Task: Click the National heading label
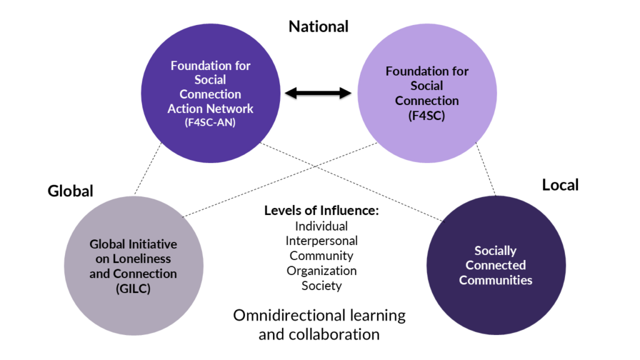coord(318,26)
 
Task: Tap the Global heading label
coord(70,191)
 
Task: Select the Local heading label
coord(560,185)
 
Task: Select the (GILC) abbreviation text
coord(133,288)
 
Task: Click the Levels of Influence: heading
coord(321,211)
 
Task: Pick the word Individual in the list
coord(321,226)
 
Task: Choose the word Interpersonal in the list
coord(321,241)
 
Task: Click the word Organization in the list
coord(321,271)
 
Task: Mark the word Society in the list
coord(321,286)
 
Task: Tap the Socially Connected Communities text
coord(496,265)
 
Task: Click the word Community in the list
coord(321,256)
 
